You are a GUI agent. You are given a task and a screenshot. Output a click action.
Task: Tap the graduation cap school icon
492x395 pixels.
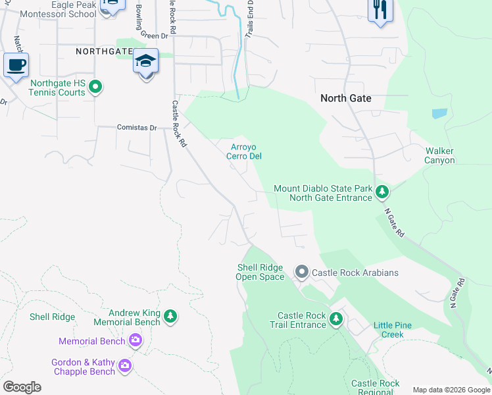pos(145,62)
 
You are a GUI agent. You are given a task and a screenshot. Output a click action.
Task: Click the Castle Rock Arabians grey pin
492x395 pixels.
pos(302,272)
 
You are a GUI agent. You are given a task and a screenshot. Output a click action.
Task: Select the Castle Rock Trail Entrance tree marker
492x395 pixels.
pos(336,320)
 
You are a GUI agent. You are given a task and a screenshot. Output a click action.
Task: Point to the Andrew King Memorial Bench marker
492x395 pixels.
pos(170,317)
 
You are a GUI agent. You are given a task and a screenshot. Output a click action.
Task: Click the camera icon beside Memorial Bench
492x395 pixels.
pos(135,341)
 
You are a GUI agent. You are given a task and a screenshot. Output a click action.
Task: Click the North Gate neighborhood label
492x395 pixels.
pos(345,98)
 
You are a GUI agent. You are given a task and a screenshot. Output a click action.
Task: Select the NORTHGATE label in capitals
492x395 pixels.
pos(103,51)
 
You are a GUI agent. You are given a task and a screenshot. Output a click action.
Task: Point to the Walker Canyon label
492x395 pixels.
pos(439,155)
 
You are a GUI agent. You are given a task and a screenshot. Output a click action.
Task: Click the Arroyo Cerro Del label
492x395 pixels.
pos(247,151)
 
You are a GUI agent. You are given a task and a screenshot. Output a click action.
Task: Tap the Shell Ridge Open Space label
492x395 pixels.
pos(260,272)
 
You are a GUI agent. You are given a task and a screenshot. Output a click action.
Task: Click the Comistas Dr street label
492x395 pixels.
pos(137,128)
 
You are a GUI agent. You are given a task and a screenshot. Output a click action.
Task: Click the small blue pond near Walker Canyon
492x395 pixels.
pos(439,113)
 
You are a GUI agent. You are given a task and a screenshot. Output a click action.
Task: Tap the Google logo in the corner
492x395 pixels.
pos(22,387)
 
